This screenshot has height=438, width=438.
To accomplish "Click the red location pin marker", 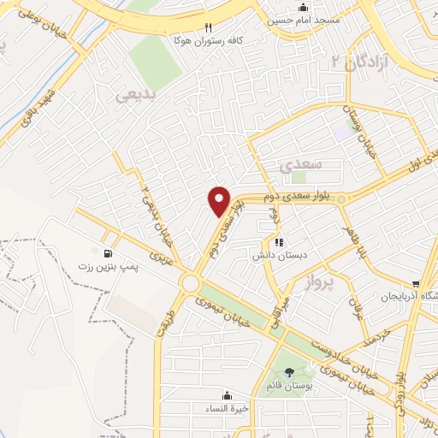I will pos(220,201).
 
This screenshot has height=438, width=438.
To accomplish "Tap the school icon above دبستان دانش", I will pos(279,242).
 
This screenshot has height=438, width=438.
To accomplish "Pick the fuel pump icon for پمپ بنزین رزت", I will pos(107,254).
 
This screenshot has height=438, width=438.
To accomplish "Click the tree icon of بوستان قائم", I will pos(288,371).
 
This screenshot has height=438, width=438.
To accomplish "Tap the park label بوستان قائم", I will pos(289,387).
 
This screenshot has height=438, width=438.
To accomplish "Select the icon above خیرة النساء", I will pos(227,395).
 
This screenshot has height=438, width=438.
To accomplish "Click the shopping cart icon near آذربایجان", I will pos(416,284).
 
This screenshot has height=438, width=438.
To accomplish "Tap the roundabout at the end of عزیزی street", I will pos(189,283).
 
